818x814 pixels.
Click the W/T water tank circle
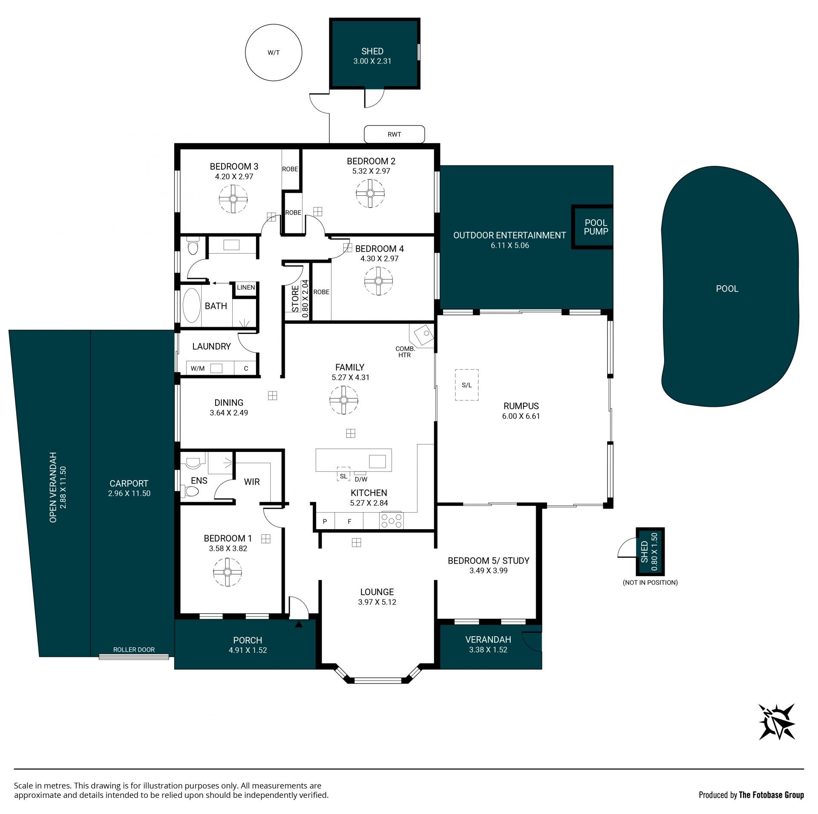245,53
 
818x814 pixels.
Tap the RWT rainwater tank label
394,134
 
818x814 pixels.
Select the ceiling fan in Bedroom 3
233,199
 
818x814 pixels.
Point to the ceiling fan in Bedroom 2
370,194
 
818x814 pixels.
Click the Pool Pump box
592,227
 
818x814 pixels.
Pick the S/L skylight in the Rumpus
467,385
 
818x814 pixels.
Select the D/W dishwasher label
361,479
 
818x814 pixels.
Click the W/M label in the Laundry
198,368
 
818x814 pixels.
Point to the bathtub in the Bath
192,305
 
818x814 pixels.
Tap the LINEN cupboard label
246,287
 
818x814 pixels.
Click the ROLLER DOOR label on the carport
134,649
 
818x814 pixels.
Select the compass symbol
777,721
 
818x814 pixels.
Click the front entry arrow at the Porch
299,624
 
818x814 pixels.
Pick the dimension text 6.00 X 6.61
521,416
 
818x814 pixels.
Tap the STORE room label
295,298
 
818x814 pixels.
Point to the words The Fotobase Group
771,795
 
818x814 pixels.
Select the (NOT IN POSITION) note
650,582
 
